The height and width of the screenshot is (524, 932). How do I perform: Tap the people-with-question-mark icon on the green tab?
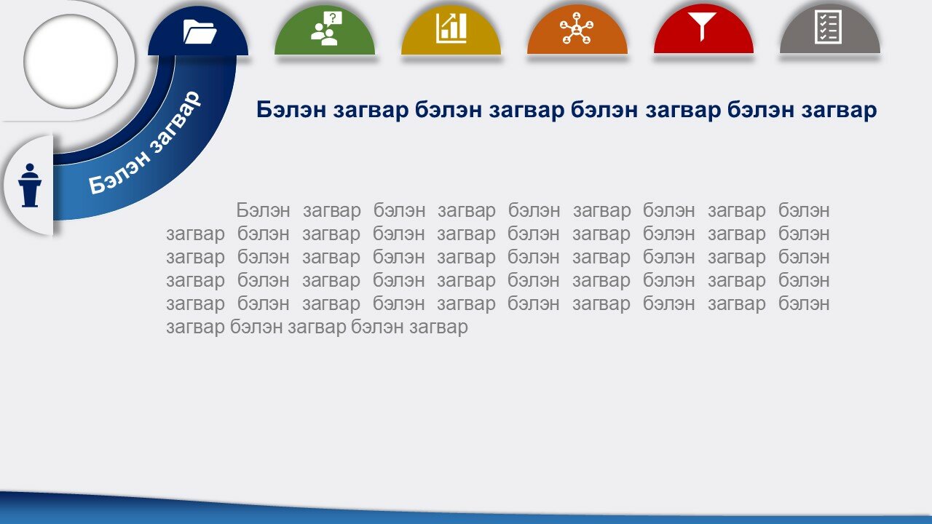click(x=327, y=28)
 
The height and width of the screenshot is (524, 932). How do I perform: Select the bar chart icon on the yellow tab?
click(x=451, y=28)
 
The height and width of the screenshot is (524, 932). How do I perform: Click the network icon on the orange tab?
click(x=577, y=28)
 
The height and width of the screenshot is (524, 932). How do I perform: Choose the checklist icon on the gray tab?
click(x=828, y=28)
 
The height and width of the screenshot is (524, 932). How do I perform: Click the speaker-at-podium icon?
click(x=30, y=185)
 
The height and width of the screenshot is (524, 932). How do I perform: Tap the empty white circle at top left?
click(x=71, y=62)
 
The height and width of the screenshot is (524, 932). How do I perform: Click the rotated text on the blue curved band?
click(x=145, y=143)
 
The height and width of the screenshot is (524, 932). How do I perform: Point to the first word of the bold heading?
click(x=291, y=110)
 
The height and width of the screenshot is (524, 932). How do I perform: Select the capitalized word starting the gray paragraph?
click(x=263, y=210)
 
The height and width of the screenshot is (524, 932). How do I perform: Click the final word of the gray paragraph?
click(x=438, y=327)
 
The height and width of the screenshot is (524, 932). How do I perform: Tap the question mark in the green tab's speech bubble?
click(x=333, y=18)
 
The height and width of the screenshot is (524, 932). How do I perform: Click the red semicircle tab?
click(x=703, y=29)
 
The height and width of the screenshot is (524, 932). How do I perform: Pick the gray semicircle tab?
click(x=830, y=29)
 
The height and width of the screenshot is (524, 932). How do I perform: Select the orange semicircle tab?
click(x=577, y=29)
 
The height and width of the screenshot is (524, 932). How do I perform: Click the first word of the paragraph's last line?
click(x=195, y=327)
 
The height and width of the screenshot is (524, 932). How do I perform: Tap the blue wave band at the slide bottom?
click(x=466, y=512)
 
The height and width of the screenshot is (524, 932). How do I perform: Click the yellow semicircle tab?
click(x=451, y=30)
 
